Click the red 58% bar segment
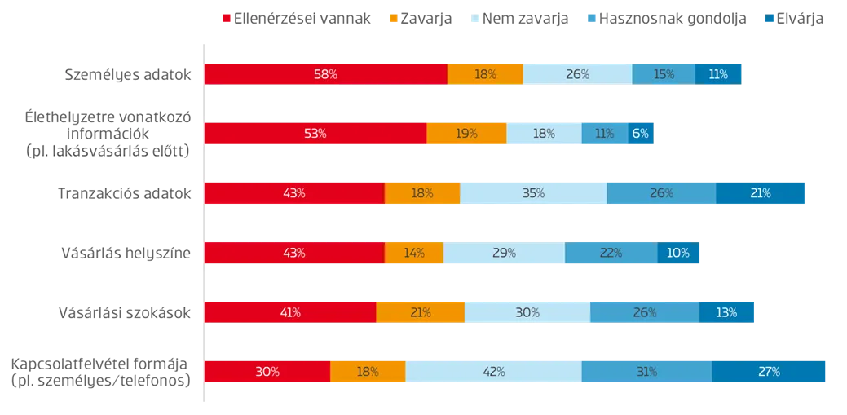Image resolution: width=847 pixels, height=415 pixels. point(325,74)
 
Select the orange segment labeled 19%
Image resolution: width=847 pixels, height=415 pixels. point(466,134)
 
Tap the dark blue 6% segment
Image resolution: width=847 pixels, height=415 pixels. point(641,134)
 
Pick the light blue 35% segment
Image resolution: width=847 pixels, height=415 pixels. point(533,193)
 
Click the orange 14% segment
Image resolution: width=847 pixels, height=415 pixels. point(414,253)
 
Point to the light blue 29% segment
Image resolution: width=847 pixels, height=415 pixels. point(504,253)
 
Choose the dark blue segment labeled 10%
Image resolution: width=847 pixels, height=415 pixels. point(677,253)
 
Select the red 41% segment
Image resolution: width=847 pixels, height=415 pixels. point(290,312)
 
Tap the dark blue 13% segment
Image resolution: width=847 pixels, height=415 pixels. point(726,312)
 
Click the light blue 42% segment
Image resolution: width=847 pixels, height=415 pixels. point(493,372)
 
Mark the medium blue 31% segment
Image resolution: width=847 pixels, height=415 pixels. point(646,372)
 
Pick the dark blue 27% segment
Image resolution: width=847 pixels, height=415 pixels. point(770,372)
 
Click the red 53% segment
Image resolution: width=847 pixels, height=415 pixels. point(315,134)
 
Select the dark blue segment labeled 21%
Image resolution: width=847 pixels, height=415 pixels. point(761,193)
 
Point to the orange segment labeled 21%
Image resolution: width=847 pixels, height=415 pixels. point(421,312)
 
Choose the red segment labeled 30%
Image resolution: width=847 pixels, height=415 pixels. point(267,372)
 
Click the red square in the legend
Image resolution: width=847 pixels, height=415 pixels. point(226,18)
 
